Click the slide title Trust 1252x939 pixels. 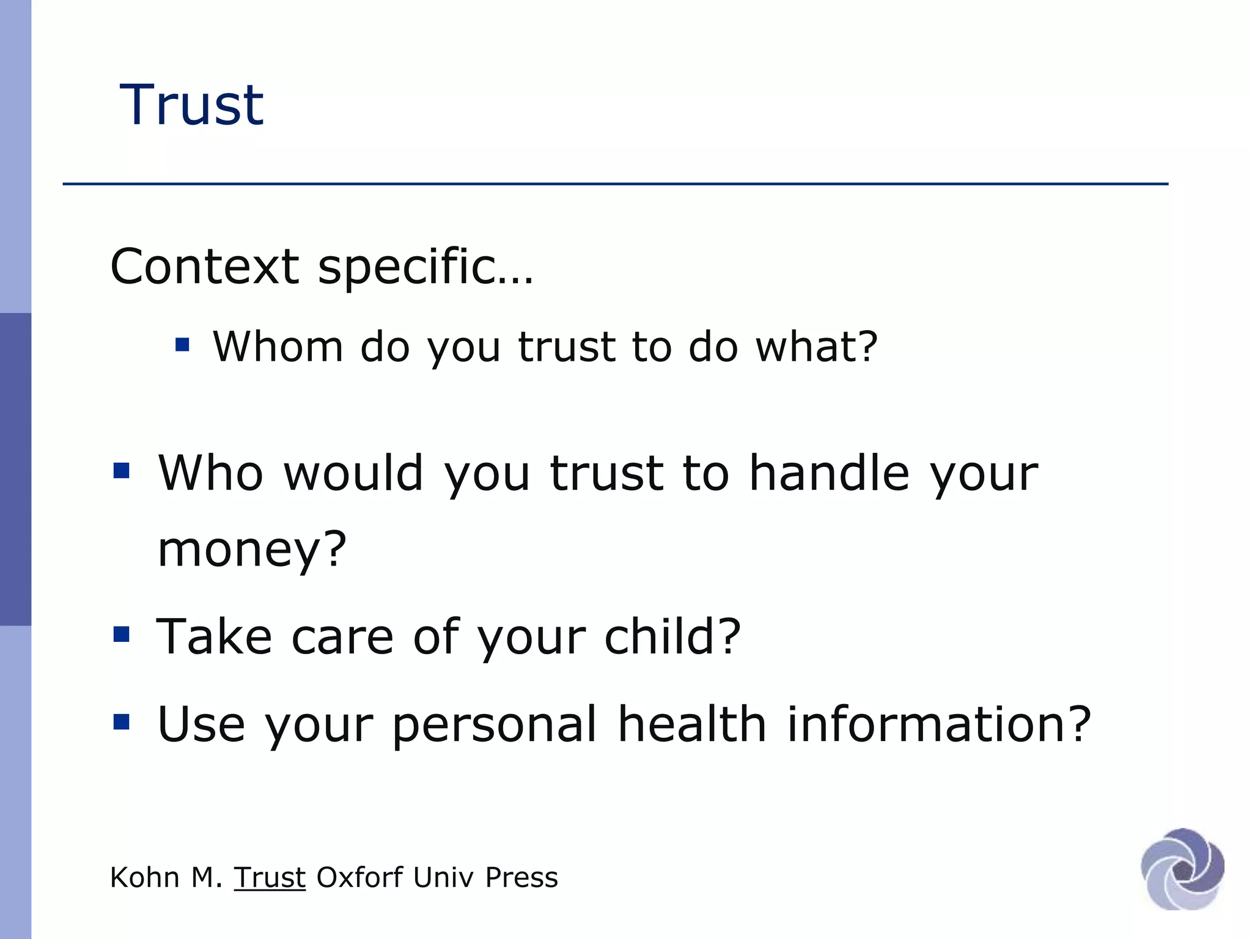pyautogui.click(x=191, y=105)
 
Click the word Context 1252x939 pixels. pyautogui.click(x=204, y=267)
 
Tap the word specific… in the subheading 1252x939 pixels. pyautogui.click(x=425, y=268)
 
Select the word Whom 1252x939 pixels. pyautogui.click(x=277, y=347)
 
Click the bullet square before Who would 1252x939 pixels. pyautogui.click(x=122, y=471)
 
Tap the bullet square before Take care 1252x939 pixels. pyautogui.click(x=122, y=634)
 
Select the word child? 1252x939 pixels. pyautogui.click(x=672, y=636)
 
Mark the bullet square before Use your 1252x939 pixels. pyautogui.click(x=122, y=722)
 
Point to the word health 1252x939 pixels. pyautogui.click(x=691, y=724)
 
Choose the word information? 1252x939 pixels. pyautogui.click(x=938, y=724)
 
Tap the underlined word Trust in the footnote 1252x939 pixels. pyautogui.click(x=270, y=878)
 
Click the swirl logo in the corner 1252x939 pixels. pyautogui.click(x=1182, y=869)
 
